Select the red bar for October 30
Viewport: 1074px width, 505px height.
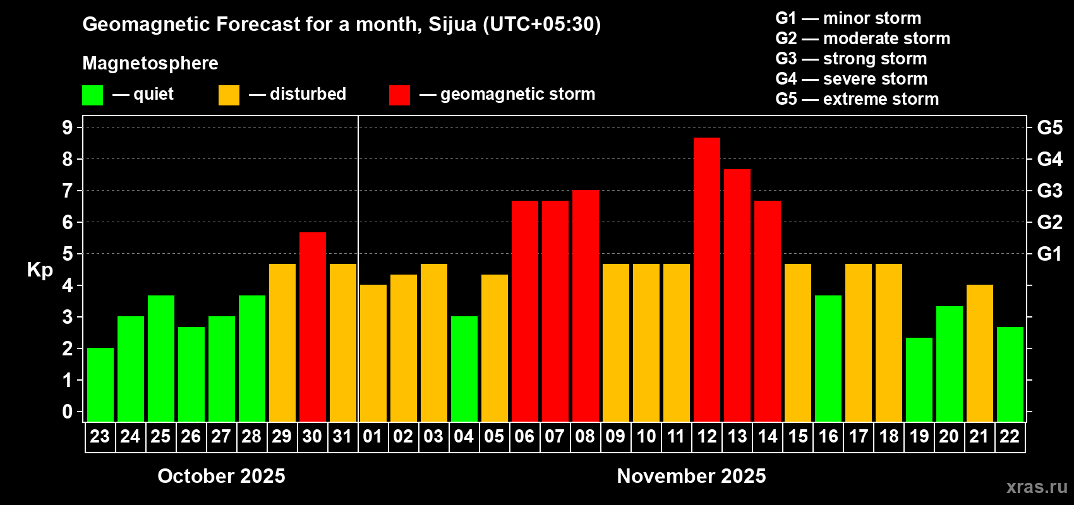click(x=312, y=327)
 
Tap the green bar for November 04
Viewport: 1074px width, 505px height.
click(x=464, y=369)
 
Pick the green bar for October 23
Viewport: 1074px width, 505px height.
click(x=100, y=384)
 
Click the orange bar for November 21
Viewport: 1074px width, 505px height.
click(x=979, y=353)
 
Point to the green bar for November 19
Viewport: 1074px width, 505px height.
click(x=919, y=379)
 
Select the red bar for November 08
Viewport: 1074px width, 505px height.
click(x=585, y=306)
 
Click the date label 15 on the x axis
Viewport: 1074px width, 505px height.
click(x=797, y=437)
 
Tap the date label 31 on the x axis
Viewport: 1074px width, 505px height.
click(x=342, y=437)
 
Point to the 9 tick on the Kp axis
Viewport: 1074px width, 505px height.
click(x=68, y=128)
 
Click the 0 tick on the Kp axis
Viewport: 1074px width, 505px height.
click(x=68, y=412)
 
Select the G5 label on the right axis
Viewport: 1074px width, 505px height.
click(x=1049, y=128)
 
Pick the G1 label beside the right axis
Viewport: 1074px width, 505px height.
click(x=1049, y=254)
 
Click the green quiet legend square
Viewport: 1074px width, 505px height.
click(x=93, y=95)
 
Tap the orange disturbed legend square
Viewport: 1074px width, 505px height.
click(x=229, y=95)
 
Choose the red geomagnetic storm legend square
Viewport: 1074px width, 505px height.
click(x=399, y=95)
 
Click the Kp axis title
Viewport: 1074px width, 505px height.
click(x=40, y=270)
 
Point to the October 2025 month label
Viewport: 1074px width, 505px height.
click(x=221, y=476)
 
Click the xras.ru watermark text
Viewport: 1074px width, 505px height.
click(x=1037, y=487)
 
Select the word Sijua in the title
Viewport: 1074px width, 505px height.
click(x=452, y=24)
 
